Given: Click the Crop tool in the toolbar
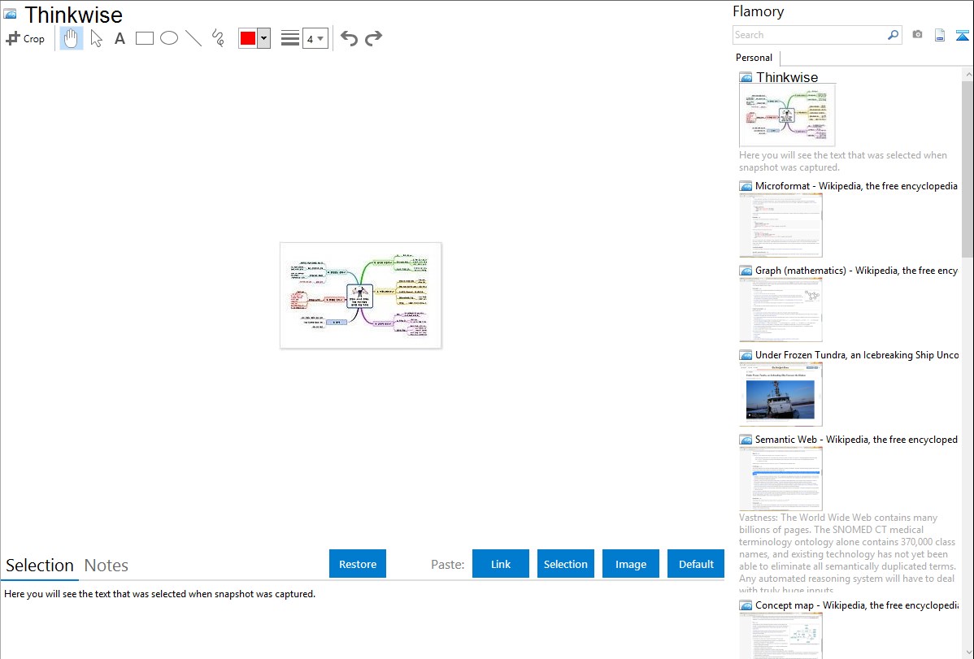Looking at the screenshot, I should tap(25, 38).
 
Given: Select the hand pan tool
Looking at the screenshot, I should tap(72, 38).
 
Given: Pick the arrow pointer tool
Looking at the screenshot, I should tap(97, 38).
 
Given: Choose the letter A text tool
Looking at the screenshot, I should tap(120, 38).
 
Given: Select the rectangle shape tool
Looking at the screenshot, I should tap(145, 38).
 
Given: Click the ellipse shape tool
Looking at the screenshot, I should tap(169, 38).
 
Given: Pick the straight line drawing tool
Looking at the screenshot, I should tap(193, 38).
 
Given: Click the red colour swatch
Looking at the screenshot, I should tap(248, 38).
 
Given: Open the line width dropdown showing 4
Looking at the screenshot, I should tap(315, 38).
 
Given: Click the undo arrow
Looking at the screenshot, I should tap(349, 38).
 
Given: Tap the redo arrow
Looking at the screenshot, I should tap(373, 38).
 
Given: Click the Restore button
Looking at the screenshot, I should tap(358, 564).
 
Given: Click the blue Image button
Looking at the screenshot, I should tap(631, 564).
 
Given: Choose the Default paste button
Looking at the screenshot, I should tap(696, 564).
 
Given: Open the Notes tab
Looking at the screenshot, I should tap(107, 566).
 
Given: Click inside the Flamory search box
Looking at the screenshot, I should tap(809, 35).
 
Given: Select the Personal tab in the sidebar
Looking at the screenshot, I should tap(754, 58).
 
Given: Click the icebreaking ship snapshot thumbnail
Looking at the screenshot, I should tap(781, 394).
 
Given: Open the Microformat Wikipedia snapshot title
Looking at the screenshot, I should tap(856, 186).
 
